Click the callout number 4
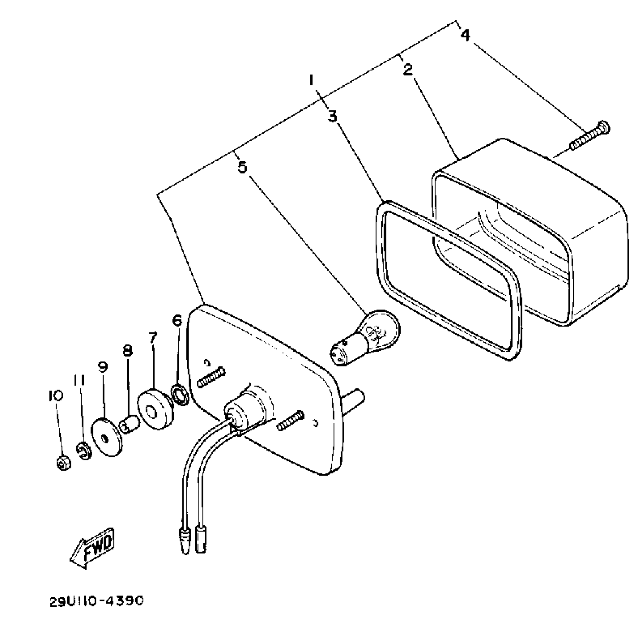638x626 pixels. coord(465,36)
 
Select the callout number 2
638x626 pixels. coord(408,69)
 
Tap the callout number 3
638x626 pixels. coord(332,116)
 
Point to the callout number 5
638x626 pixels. coord(242,167)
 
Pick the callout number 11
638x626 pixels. coord(79,380)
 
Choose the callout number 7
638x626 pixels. coord(153,337)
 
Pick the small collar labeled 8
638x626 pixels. coord(129,424)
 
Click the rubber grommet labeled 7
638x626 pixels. coord(156,408)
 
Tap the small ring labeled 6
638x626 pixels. coord(180,395)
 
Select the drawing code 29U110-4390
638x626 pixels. coord(96,601)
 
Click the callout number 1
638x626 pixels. coord(311,80)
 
